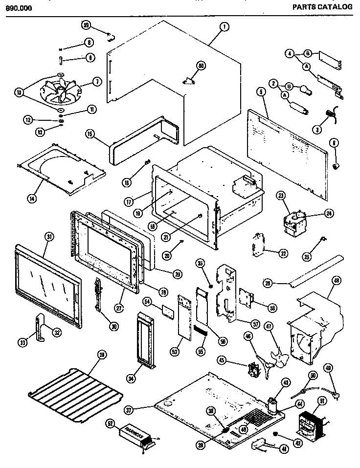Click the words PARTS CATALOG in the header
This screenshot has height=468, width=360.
322,7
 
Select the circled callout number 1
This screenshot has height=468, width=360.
223,28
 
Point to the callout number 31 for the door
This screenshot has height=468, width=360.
48,236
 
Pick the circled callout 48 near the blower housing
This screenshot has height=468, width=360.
337,280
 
